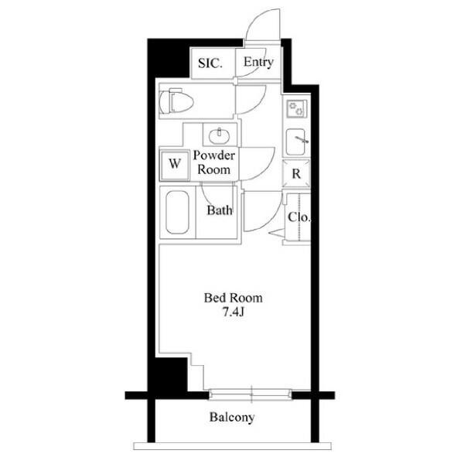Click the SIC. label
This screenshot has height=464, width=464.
coord(210,63)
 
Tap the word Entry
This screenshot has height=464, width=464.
coord(258,62)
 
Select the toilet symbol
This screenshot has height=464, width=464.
coord(176,101)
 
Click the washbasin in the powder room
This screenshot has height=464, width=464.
coord(219,136)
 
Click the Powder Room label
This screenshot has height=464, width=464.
coord(213,162)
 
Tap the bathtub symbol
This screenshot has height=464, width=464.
coord(177,212)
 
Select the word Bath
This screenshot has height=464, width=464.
coord(220,210)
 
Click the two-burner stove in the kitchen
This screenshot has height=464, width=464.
coord(297,108)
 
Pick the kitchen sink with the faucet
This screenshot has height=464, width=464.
coord(296,142)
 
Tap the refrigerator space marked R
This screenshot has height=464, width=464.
coord(296,174)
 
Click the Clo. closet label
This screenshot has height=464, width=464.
coord(299,217)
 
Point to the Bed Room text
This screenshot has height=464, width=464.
coord(234,298)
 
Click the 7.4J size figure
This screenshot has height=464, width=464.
coord(234,312)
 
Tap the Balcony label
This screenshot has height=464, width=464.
coord(232,418)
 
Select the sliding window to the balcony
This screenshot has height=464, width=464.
coord(251,394)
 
